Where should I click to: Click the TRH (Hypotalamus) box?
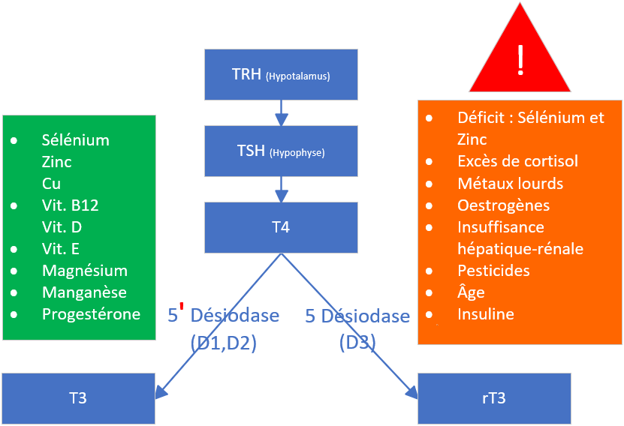280,75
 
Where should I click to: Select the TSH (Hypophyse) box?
280,151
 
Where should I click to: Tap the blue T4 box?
280,227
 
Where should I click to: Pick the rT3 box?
493,397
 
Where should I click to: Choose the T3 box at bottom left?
77,397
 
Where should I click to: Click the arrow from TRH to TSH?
281,112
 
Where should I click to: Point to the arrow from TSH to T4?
281,189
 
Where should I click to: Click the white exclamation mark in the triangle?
520,60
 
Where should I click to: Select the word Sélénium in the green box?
76,140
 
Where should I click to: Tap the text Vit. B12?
71,205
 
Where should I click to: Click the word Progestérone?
91,314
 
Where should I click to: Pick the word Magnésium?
85,271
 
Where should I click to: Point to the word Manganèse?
84,292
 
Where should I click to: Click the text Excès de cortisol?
517,161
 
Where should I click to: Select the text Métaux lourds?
510,183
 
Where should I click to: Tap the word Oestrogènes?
503,205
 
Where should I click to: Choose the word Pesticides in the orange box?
493,270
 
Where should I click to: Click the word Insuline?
485,313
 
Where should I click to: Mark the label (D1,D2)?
224,343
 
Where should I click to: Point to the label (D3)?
357,343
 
